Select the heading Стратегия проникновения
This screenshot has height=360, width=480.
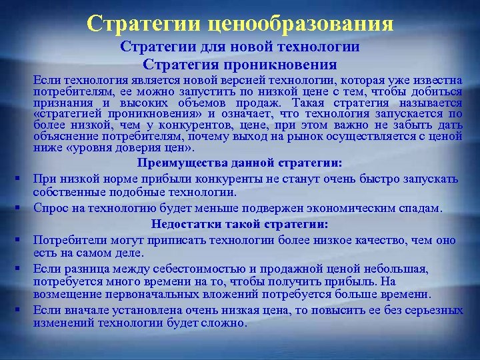click(240, 65)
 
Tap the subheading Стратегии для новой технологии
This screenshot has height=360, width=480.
click(240, 47)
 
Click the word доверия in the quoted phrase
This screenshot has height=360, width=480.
click(123, 147)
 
